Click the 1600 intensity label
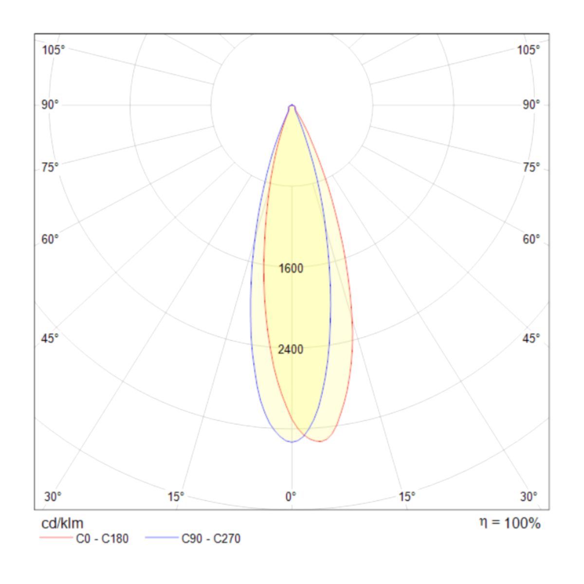tap(291, 268)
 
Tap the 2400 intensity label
tap(291, 349)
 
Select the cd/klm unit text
tap(62, 523)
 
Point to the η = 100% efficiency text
tap(510, 523)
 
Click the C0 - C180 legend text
tap(102, 539)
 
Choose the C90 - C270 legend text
tap(211, 539)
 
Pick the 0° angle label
tap(291, 496)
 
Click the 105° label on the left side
tap(53, 50)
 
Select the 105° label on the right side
tap(529, 50)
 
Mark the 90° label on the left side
tap(50, 105)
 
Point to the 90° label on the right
tap(531, 105)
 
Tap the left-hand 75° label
tap(50, 167)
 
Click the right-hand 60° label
tap(531, 239)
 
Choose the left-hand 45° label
tap(50, 338)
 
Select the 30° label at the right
tap(529, 496)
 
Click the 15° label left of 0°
tap(176, 496)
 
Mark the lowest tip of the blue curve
tap(292, 442)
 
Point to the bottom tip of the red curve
tap(321, 441)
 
